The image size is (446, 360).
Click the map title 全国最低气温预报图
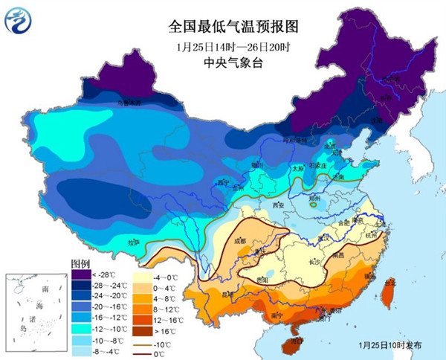(222, 28)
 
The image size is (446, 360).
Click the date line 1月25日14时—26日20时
(222, 47)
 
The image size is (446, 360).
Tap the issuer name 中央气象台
(222, 62)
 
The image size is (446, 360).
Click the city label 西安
(279, 205)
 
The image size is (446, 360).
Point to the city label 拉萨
(133, 242)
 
